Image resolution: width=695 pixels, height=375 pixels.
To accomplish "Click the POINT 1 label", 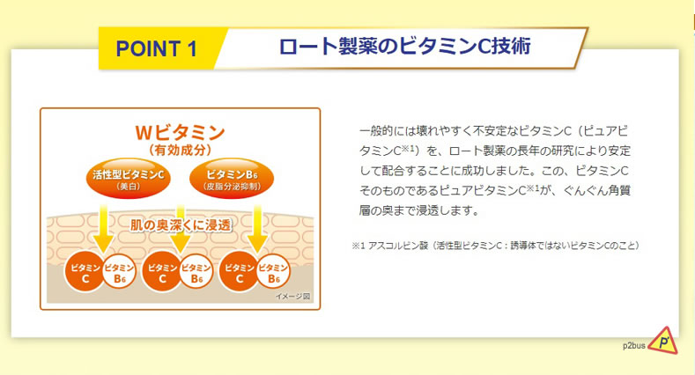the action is click(x=157, y=48).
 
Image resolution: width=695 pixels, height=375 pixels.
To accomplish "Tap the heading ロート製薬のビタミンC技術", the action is click(x=404, y=47).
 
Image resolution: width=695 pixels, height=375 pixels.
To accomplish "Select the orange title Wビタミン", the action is click(x=180, y=132).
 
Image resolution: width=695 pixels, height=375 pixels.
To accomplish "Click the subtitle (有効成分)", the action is click(x=180, y=151).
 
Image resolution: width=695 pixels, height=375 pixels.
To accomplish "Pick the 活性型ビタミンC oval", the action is click(x=128, y=179).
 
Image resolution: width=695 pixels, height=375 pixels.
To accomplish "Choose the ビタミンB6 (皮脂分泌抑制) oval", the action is click(x=232, y=179).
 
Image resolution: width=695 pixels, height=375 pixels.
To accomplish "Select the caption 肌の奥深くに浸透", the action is click(x=181, y=225).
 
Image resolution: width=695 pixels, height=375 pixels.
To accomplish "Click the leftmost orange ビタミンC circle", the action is click(x=85, y=272).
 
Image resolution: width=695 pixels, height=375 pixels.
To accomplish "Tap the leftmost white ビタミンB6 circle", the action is click(x=118, y=272).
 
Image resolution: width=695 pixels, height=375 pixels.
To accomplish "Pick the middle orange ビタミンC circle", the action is click(x=162, y=272).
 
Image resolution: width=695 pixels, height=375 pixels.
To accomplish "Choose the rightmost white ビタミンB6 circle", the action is click(x=273, y=272).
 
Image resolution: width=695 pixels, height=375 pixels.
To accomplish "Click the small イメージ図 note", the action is click(x=292, y=296).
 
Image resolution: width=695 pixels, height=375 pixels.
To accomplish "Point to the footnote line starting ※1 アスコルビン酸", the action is click(x=496, y=246).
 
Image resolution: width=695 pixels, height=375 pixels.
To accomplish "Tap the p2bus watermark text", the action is click(x=634, y=346).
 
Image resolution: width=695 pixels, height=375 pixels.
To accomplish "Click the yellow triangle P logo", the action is click(x=663, y=342).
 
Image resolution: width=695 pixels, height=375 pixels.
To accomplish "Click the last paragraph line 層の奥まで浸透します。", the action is click(x=420, y=210).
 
